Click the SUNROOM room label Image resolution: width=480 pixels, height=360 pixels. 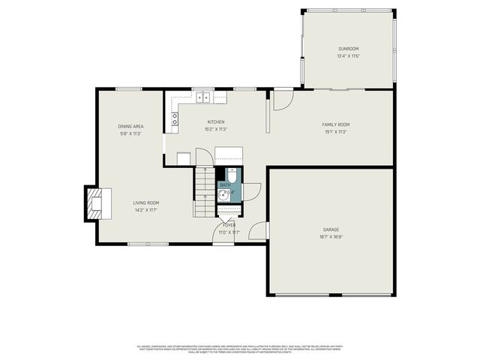pos(349,49)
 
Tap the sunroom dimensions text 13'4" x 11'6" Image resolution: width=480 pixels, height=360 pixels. pos(349,56)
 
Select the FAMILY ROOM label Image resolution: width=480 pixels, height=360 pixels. pos(336,124)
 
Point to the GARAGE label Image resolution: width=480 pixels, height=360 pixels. pos(331,229)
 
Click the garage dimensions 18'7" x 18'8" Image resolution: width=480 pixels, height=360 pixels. pos(331,236)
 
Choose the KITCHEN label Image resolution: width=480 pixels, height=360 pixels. pos(216,121)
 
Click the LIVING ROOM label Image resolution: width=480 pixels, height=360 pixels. pos(146,202)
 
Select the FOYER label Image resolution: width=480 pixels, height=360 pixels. pos(229,225)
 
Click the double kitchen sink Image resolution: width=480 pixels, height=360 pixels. pos(202,96)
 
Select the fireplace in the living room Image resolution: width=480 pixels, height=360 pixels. pos(96,202)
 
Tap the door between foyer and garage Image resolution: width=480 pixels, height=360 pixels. pos(259,231)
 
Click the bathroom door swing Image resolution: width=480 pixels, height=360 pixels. pos(250,191)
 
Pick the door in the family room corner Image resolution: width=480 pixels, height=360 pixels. pos(283,99)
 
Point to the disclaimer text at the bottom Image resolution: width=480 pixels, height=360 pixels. pos(240,349)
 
